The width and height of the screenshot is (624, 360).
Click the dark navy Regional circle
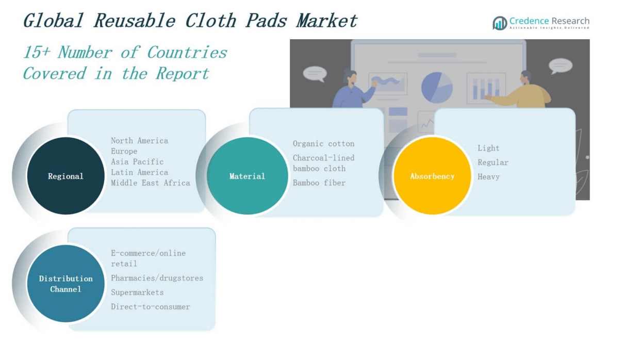click(65, 176)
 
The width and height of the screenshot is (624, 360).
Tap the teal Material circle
click(248, 176)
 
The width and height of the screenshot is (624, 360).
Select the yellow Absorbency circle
click(432, 176)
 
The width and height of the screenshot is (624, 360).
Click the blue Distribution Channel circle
click(65, 283)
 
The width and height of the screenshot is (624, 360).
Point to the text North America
click(140, 140)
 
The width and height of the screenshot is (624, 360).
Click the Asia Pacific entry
click(137, 161)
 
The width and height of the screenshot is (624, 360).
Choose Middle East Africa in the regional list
click(151, 183)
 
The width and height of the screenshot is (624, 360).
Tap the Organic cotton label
click(323, 144)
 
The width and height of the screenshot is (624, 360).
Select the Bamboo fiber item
click(319, 183)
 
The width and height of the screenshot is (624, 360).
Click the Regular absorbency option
click(493, 162)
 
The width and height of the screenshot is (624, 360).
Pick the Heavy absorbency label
click(488, 177)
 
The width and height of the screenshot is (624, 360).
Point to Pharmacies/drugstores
click(157, 278)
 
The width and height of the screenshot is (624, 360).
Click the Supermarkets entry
click(137, 292)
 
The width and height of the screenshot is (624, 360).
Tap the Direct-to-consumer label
click(151, 307)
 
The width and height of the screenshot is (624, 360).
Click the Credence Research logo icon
click(500, 23)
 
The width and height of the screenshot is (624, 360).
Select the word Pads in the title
click(266, 21)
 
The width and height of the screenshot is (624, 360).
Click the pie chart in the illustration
click(437, 88)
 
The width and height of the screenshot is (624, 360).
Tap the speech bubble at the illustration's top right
click(561, 66)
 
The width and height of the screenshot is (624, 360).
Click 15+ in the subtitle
click(37, 53)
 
